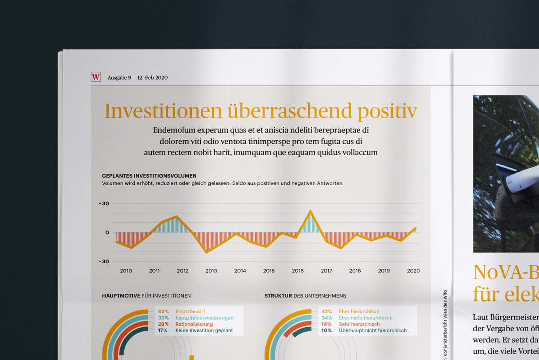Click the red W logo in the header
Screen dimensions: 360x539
tap(96, 77)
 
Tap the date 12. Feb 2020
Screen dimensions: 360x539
tap(153, 78)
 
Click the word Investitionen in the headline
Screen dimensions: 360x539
tap(163, 111)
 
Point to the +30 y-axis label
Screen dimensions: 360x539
tap(104, 204)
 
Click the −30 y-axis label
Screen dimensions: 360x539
tap(104, 262)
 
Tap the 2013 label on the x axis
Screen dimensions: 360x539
tap(211, 271)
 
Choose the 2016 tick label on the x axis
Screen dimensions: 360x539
tap(298, 271)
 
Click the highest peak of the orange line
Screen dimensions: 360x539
tap(310, 210)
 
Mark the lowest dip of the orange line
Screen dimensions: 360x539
tap(207, 252)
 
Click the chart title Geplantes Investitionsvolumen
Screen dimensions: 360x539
tap(149, 176)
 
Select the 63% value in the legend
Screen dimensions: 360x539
tap(163, 311)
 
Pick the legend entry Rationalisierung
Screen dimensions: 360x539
tap(194, 324)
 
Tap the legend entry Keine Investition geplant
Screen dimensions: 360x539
tap(204, 331)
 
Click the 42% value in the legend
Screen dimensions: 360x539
tap(327, 311)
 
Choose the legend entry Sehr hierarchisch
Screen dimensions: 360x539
tap(359, 324)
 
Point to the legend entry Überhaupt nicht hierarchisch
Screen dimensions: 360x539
tap(373, 331)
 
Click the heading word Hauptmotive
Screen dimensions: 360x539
tap(121, 296)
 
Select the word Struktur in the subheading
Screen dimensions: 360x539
tap(278, 296)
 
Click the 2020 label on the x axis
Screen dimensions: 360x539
tap(413, 271)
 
